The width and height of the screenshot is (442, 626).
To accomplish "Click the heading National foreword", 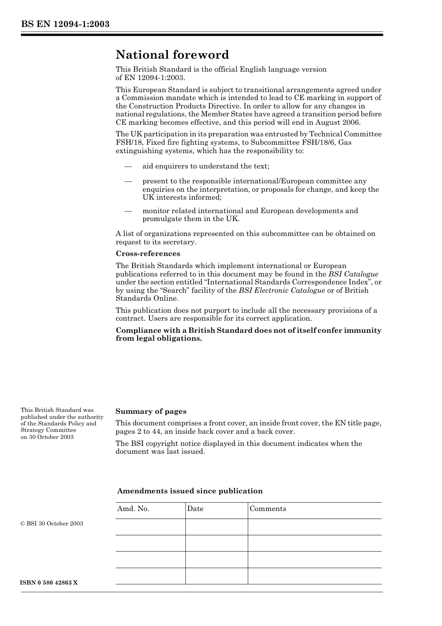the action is click(172, 55).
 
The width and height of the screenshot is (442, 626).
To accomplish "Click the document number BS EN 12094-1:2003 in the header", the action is click(65, 24).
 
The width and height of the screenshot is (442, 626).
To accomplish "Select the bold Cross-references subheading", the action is click(147, 254).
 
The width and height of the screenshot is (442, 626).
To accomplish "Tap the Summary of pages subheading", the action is click(151, 411).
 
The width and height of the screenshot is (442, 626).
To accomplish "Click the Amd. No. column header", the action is click(133, 509).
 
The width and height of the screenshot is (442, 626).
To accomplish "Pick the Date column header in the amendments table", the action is click(195, 509).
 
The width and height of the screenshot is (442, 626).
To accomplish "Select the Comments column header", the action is click(268, 509).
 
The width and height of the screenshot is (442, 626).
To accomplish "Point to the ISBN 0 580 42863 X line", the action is click(49, 583).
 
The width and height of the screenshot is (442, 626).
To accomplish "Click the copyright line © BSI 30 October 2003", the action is click(52, 524).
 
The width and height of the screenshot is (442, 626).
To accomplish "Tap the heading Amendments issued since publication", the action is click(189, 491).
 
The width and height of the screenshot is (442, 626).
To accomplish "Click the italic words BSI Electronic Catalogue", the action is click(281, 290).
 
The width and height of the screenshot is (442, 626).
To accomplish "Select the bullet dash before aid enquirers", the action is click(128, 166).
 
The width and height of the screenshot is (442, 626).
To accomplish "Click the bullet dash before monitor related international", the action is click(128, 211).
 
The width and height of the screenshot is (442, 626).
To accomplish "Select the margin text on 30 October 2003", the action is click(47, 437).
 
